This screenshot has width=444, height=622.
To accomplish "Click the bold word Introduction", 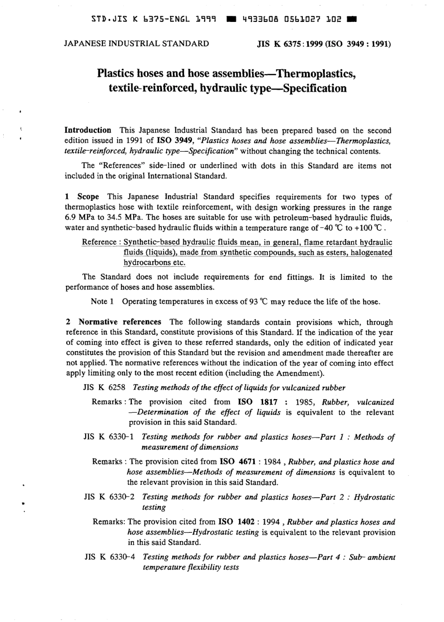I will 87,130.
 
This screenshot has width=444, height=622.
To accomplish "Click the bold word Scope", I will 88,197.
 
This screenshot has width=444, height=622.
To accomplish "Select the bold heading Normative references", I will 120,322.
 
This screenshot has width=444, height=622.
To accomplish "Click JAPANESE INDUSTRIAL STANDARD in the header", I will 136,44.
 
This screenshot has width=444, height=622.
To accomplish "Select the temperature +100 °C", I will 372,228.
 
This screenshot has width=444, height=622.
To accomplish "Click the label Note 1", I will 102,302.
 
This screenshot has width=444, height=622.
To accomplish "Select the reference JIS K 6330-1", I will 109,438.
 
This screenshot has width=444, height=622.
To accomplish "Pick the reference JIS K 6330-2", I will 109,497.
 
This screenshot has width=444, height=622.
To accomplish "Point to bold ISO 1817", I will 258,402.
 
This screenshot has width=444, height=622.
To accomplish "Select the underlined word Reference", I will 99,242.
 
